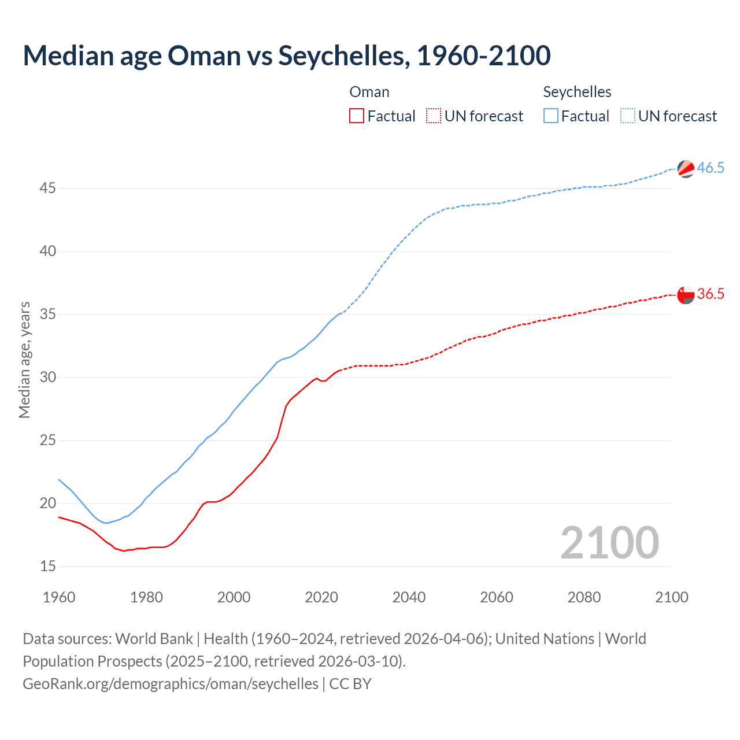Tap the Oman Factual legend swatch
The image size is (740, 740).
click(x=357, y=116)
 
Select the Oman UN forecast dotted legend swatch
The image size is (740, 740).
click(x=434, y=116)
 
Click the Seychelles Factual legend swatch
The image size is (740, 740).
click(x=550, y=116)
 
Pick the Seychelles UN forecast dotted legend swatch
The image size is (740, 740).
click(x=627, y=116)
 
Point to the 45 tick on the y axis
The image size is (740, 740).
click(x=48, y=188)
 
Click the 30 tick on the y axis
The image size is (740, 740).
click(x=48, y=378)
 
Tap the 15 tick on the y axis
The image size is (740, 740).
click(x=48, y=567)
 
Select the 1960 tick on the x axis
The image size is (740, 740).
click(x=59, y=597)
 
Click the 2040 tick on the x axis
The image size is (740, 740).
click(x=409, y=597)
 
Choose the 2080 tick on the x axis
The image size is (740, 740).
click(x=584, y=597)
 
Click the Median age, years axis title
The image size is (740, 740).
click(x=24, y=360)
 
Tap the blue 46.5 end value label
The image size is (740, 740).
click(x=711, y=168)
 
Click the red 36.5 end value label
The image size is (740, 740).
click(x=711, y=294)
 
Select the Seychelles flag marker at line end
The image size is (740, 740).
click(x=686, y=169)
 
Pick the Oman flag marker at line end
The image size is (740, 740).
click(x=686, y=295)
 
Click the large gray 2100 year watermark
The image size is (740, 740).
click(x=609, y=542)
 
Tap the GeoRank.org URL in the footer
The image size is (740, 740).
click(x=171, y=684)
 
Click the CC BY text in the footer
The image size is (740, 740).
click(x=350, y=684)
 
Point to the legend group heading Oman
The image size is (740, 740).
click(x=369, y=92)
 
